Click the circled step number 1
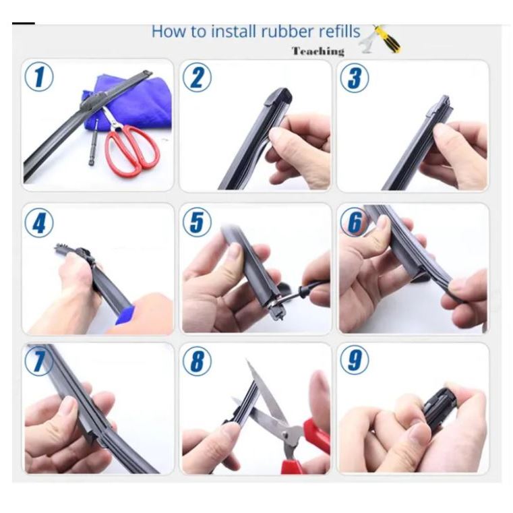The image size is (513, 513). [39, 78]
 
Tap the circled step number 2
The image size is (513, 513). [197, 78]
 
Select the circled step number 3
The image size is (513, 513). [355, 78]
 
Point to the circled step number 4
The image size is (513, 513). [39, 223]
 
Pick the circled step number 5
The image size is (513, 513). [197, 222]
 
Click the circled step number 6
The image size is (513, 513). [354, 222]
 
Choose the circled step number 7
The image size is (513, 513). [38, 361]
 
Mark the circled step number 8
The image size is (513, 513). [197, 361]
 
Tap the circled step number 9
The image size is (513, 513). [355, 360]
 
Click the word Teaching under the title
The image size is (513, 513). [318, 51]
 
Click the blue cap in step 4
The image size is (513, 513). [125, 315]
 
